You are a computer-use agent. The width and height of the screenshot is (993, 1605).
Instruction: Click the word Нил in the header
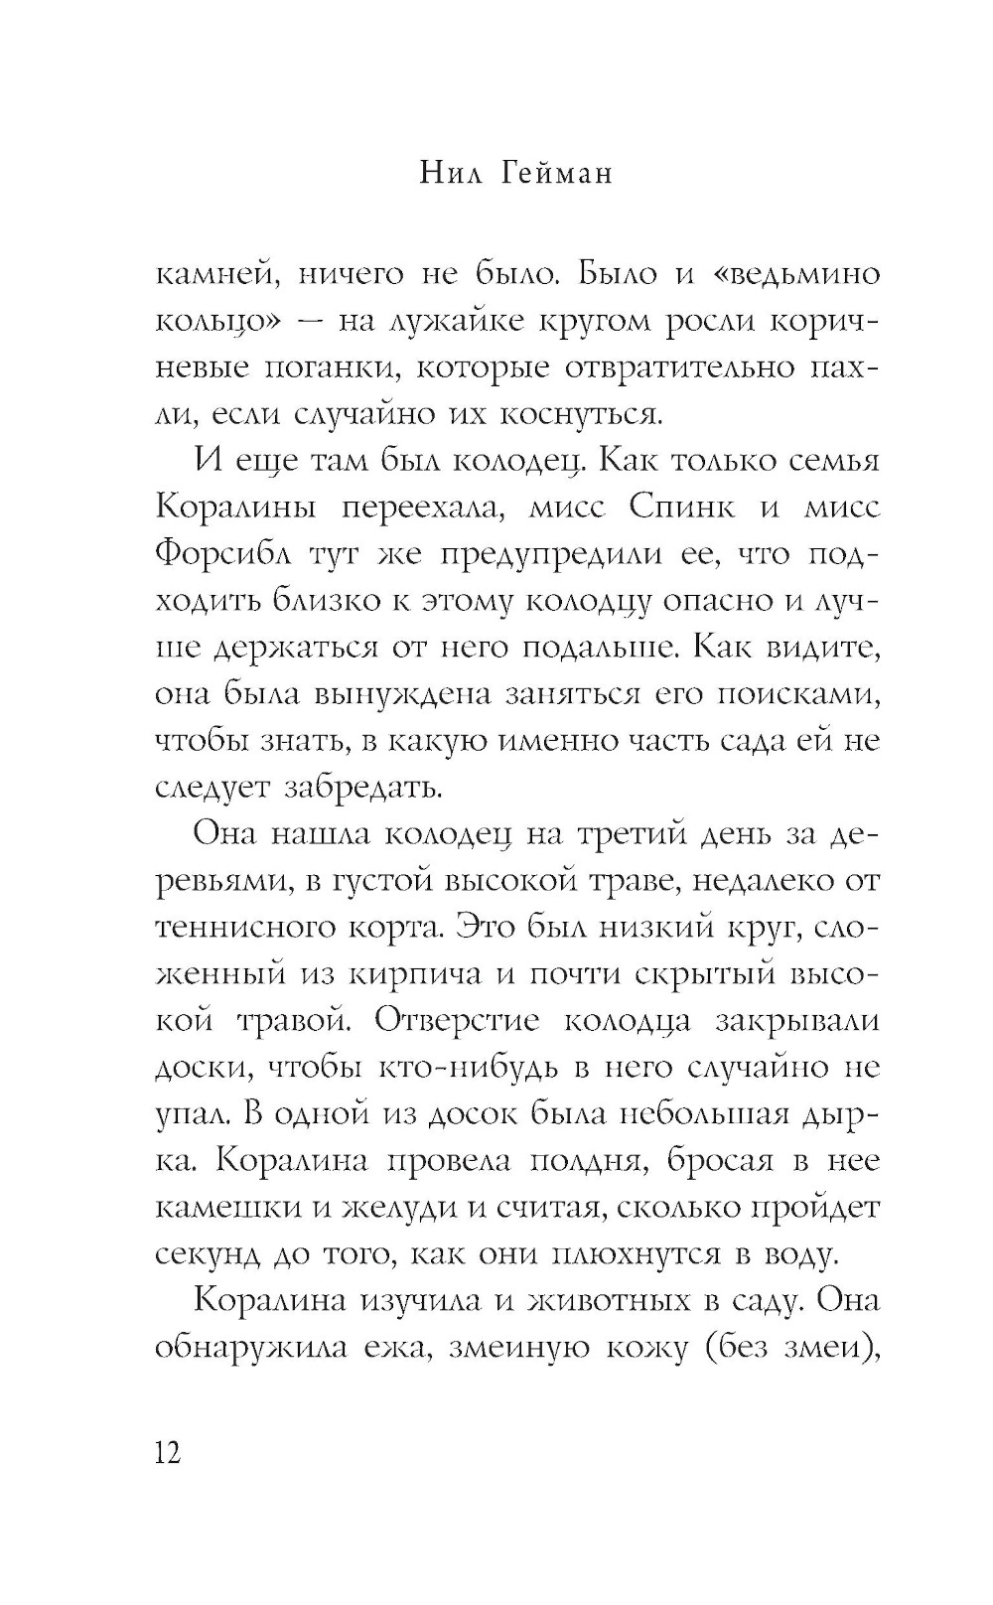(448, 173)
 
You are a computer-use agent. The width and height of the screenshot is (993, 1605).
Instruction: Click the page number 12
(168, 1453)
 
